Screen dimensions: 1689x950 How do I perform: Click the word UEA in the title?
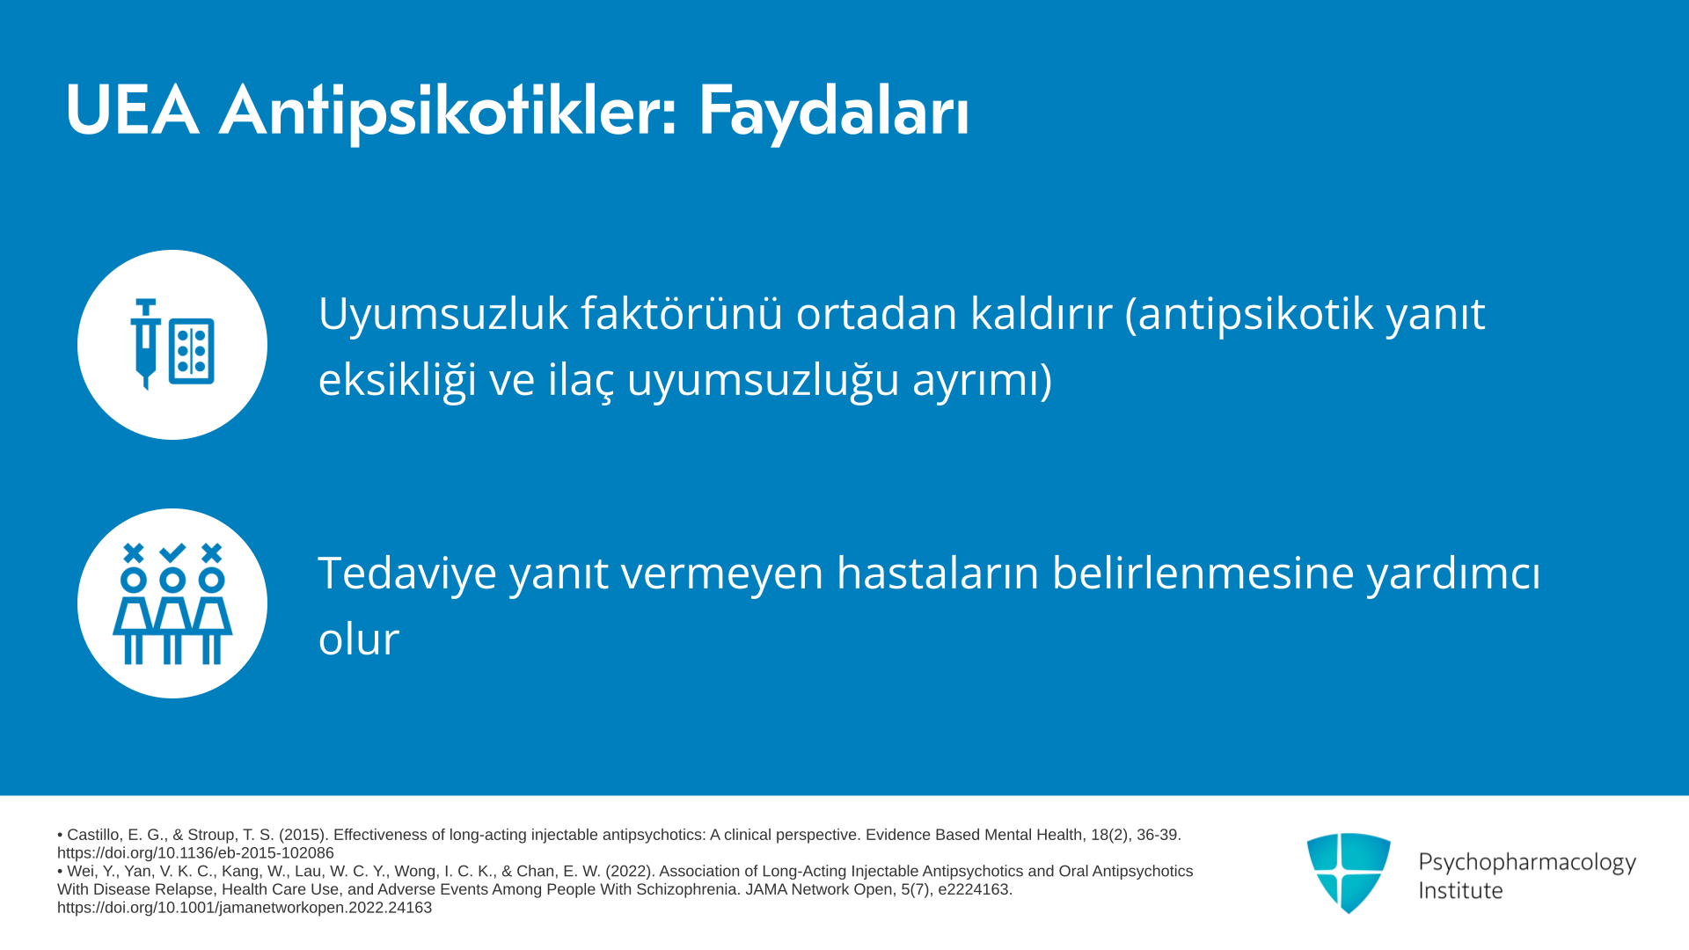tap(132, 111)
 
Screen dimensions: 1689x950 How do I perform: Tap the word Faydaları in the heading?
tap(833, 113)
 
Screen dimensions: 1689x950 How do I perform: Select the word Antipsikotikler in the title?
tap(448, 113)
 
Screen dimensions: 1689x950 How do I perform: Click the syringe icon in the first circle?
tap(146, 343)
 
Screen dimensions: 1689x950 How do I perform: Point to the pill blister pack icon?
tap(192, 351)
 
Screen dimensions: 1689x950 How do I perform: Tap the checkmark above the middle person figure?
tap(172, 552)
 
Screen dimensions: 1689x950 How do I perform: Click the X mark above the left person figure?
tap(134, 552)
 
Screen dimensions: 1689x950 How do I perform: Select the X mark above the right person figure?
tap(211, 552)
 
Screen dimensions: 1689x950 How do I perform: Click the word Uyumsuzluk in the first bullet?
tap(443, 314)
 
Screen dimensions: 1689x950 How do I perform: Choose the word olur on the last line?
tap(359, 639)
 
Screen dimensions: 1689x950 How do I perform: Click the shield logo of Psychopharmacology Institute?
tap(1349, 873)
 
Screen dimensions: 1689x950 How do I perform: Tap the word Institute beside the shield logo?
tap(1460, 890)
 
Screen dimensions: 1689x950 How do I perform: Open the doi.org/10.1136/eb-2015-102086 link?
tap(195, 853)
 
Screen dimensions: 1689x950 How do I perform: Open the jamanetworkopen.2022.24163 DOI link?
tap(245, 908)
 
